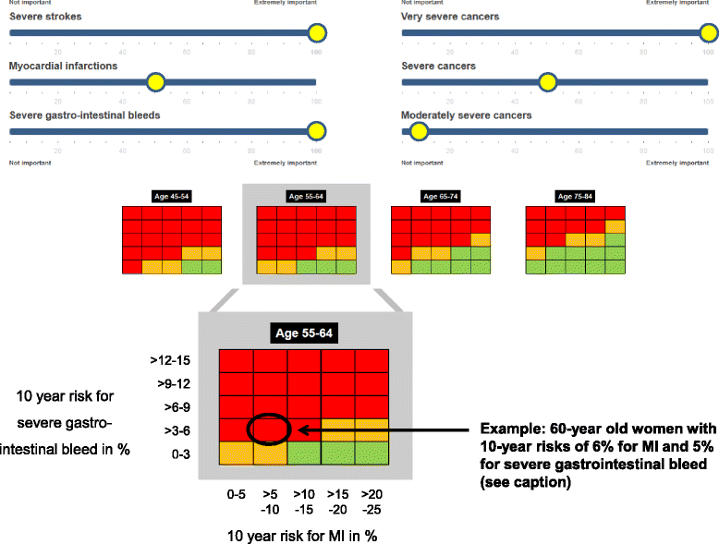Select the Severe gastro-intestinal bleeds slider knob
[317, 131]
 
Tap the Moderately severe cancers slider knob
[419, 131]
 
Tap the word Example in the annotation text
[507, 429]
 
